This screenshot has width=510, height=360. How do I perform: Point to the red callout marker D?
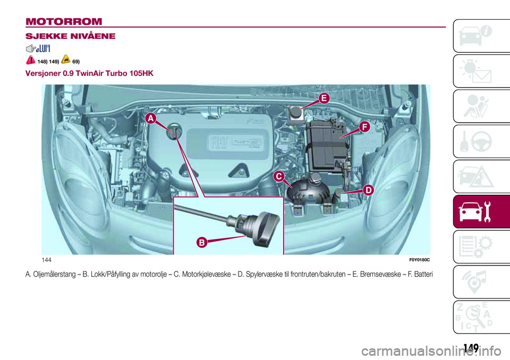point(368,189)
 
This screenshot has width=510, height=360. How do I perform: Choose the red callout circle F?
point(363,126)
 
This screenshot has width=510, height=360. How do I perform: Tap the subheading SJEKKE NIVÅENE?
point(64,37)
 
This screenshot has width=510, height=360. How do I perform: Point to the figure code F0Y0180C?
point(418,259)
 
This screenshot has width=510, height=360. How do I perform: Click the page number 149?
point(470,348)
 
